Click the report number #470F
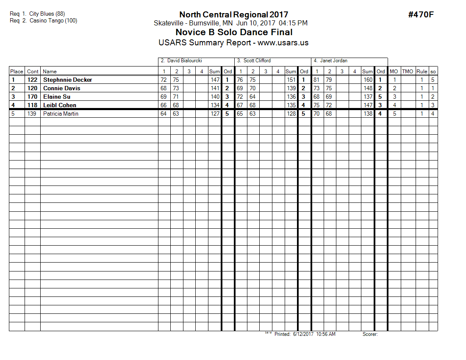point(421,15)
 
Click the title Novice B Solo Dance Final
point(233,32)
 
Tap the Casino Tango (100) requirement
point(53,20)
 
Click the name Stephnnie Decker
point(67,80)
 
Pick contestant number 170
point(33,97)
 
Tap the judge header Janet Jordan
point(330,61)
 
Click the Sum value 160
point(368,80)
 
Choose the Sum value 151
point(291,80)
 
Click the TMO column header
point(408,72)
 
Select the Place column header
point(17,72)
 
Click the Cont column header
point(33,72)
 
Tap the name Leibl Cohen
point(60,105)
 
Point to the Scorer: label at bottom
point(370,334)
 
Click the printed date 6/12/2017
point(302,334)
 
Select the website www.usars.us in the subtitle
point(283,43)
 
